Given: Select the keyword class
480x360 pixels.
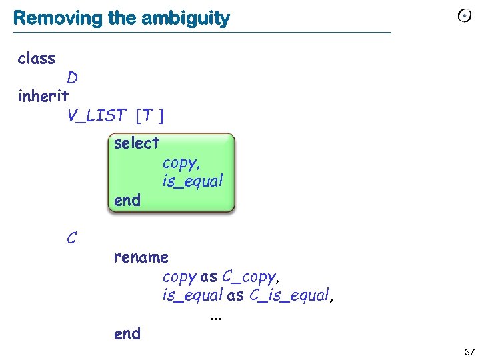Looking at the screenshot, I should point(37,59).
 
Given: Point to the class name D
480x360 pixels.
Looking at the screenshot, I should point(72,78).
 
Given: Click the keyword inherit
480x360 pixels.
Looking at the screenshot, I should point(43,96).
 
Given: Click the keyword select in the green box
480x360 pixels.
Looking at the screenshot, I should point(137,143).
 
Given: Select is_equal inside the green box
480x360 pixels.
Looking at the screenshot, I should point(192,181).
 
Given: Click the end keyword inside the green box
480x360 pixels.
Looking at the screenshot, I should point(127,200).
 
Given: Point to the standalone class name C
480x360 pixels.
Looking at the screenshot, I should point(72,237).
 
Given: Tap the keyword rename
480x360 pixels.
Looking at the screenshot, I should point(141,257).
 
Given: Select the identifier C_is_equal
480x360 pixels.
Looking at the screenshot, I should point(289,295).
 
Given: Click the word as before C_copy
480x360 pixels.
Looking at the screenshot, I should point(209,276).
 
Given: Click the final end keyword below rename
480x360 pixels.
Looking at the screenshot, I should point(127,333).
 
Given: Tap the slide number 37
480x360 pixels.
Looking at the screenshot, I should point(469,351).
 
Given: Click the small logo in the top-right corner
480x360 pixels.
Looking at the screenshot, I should point(465,16).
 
